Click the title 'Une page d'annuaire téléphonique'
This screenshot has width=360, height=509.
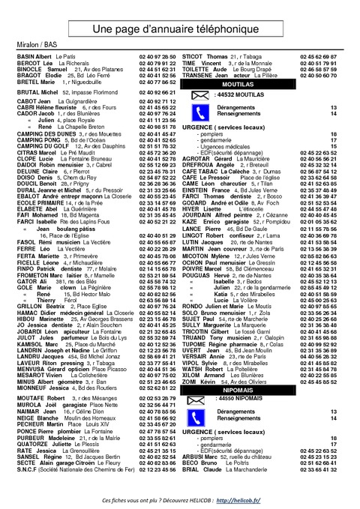click(x=180, y=27)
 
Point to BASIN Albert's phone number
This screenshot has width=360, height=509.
click(x=157, y=56)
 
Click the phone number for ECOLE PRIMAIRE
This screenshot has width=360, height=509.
click(x=157, y=202)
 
